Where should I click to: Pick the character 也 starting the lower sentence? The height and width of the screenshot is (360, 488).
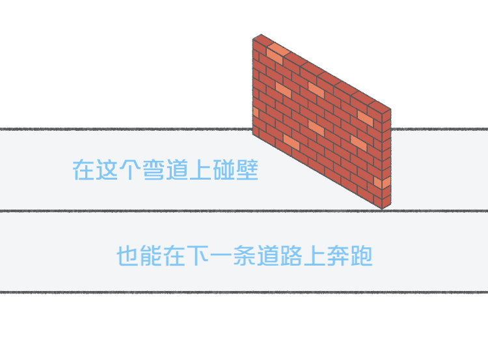[x=128, y=256]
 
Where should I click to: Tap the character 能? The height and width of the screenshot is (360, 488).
[x=151, y=256]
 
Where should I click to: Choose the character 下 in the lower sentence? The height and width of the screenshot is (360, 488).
[x=198, y=256]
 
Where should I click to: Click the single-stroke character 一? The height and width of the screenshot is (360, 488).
[x=221, y=256]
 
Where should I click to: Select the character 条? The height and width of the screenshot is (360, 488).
[x=245, y=256]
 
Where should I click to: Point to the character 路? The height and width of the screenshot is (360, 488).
[x=291, y=256]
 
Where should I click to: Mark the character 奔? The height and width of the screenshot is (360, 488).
[x=338, y=256]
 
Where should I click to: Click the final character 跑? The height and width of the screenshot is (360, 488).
[x=362, y=256]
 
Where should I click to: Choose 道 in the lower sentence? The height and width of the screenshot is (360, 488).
[x=268, y=256]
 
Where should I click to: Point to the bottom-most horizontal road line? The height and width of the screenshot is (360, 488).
[x=244, y=292]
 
